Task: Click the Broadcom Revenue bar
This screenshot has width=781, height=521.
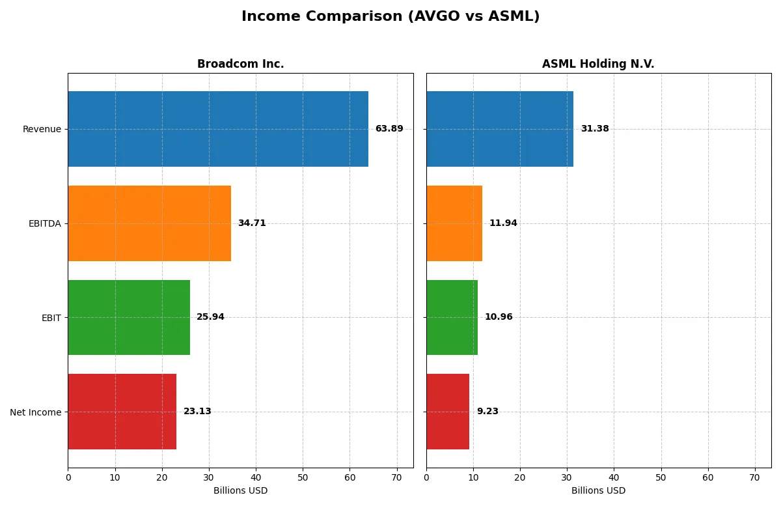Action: coord(218,129)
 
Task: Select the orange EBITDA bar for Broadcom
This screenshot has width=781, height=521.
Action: coord(149,223)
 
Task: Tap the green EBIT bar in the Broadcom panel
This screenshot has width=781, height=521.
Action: coord(129,317)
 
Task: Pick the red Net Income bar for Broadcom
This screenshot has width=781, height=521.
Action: coord(122,412)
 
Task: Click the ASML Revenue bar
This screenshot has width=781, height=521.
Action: coord(500,129)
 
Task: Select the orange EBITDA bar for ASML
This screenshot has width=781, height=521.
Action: coord(454,223)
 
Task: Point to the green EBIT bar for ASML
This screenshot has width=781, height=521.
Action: coord(452,317)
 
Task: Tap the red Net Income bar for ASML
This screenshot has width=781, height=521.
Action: coord(448,412)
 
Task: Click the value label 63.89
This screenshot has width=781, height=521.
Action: coord(389,129)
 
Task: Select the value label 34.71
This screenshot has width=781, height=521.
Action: coord(252,223)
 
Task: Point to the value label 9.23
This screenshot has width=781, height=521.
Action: coord(487,412)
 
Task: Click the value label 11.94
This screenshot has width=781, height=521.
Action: coord(503,223)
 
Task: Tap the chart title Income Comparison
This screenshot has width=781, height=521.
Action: coord(390,17)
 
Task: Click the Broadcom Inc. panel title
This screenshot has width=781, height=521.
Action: coord(240,64)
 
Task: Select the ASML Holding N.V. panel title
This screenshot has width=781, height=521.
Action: coord(598,64)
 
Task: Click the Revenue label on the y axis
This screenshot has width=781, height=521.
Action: coord(42,130)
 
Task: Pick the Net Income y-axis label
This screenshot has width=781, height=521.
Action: coord(36,412)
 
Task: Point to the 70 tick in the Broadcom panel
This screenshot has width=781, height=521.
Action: coord(396,477)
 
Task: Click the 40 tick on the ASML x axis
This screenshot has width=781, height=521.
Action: coord(614,477)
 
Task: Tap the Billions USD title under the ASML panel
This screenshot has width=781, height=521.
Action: coord(598,491)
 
